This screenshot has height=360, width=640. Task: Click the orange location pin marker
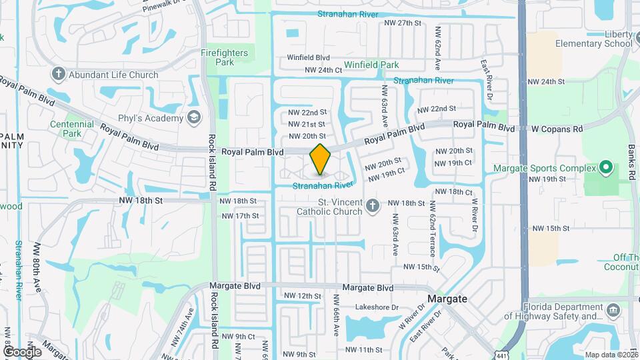tap(321, 159)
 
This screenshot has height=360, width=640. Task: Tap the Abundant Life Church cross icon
tap(58, 74)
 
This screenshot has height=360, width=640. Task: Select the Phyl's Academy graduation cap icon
tap(194, 118)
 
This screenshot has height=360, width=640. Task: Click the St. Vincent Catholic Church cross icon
tap(373, 206)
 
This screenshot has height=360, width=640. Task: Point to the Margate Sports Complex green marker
tap(605, 167)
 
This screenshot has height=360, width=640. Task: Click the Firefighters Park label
tap(224, 57)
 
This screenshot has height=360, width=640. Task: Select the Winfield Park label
tap(371, 65)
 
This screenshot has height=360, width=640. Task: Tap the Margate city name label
tap(447, 299)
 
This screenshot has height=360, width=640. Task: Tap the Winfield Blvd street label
tap(309, 57)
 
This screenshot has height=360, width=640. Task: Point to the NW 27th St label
tap(403, 23)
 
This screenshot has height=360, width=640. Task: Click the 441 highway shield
tap(501, 354)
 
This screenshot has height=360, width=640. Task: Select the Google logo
tap(22, 351)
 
